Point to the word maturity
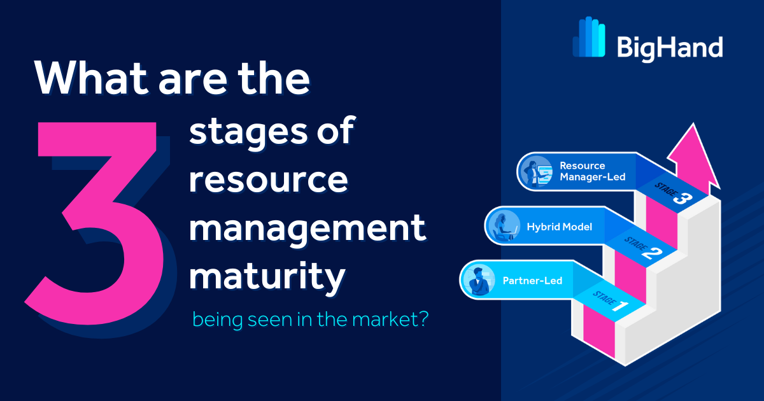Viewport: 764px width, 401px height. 268,278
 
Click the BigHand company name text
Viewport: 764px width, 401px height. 669,48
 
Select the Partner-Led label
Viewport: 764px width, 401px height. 532,281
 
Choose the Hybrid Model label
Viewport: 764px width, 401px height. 559,226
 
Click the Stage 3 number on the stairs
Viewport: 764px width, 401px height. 679,198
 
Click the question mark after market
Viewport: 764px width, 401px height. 420,319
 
